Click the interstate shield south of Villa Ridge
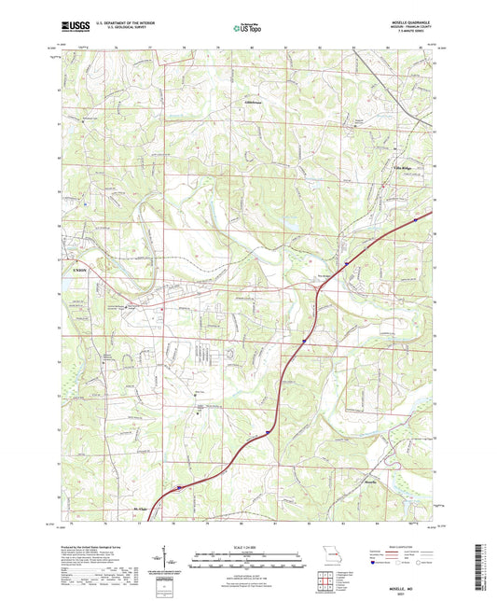click(344, 264)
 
